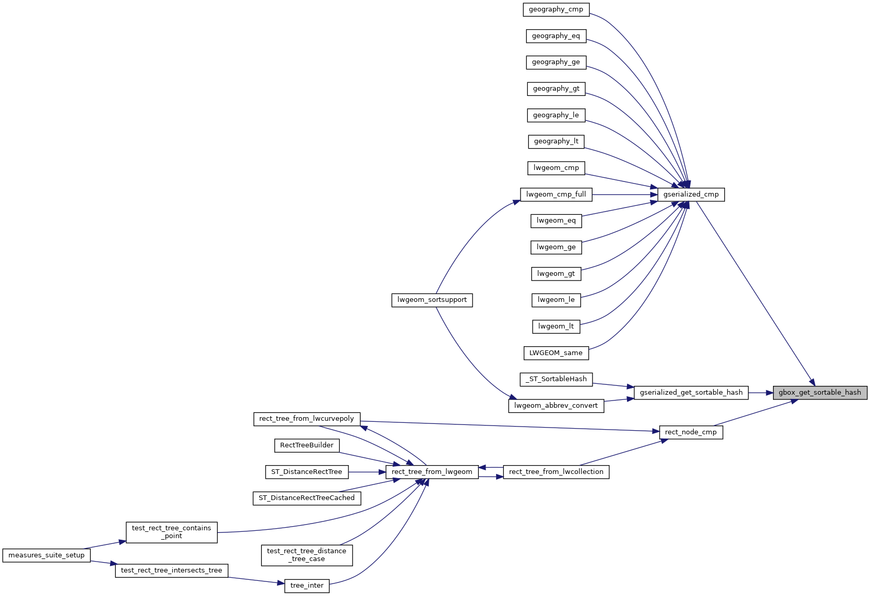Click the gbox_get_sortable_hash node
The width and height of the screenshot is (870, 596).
tap(819, 393)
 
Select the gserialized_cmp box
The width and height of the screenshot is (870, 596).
tap(691, 194)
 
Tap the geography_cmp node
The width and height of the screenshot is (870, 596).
tap(556, 9)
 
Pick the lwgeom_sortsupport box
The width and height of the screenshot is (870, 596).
tap(432, 300)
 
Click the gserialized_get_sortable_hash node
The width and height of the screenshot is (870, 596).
tap(691, 393)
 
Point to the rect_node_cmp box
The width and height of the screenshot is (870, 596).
tap(691, 432)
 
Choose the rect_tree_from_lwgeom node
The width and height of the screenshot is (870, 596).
tap(432, 472)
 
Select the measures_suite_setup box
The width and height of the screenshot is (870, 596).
tap(46, 555)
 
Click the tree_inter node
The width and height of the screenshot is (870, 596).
tap(307, 586)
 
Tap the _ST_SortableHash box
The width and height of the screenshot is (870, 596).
tap(556, 379)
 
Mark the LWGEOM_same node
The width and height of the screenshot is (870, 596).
tap(556, 353)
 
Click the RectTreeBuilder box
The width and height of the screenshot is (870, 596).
tap(307, 445)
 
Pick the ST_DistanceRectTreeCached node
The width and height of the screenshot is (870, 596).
tap(307, 498)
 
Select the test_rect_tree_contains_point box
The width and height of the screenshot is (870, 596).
tap(172, 532)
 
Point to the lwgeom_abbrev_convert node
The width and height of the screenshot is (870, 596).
tap(556, 406)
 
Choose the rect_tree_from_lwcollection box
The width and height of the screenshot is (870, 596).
tap(556, 472)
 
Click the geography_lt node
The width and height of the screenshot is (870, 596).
tap(556, 141)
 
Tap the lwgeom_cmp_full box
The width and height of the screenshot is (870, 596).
tap(556, 194)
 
